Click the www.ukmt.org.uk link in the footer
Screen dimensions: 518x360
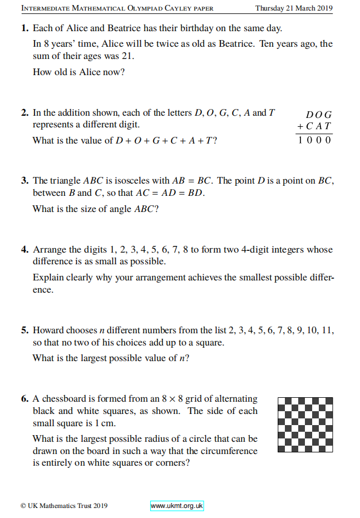pos(177,506)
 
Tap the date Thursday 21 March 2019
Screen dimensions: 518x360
pos(294,8)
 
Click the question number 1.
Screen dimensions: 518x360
pos(25,28)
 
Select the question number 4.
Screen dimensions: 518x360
pos(25,250)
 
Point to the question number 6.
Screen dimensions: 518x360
pos(25,399)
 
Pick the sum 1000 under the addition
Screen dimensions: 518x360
pos(314,140)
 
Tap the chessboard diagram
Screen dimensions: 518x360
pos(305,425)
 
